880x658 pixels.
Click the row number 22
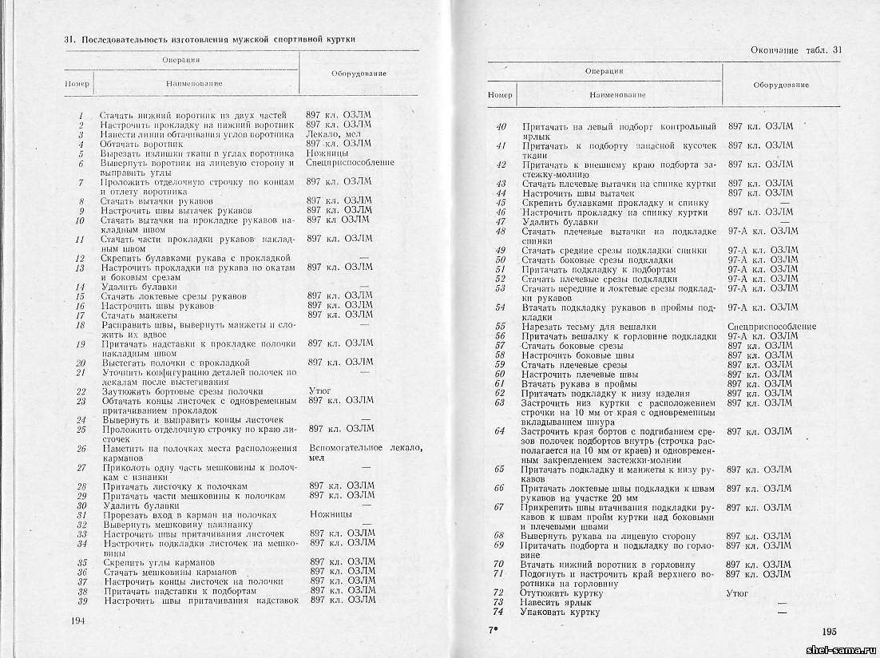(81, 391)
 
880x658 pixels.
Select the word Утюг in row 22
(319, 391)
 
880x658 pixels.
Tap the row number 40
(501, 127)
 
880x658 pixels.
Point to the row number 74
(499, 612)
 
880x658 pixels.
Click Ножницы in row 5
(327, 153)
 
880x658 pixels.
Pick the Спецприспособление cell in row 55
(771, 327)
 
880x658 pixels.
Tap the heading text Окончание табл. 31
(796, 50)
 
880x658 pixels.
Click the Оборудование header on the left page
(359, 73)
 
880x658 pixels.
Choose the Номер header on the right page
(500, 95)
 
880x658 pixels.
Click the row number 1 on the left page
(81, 115)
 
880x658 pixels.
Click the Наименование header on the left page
(194, 83)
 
